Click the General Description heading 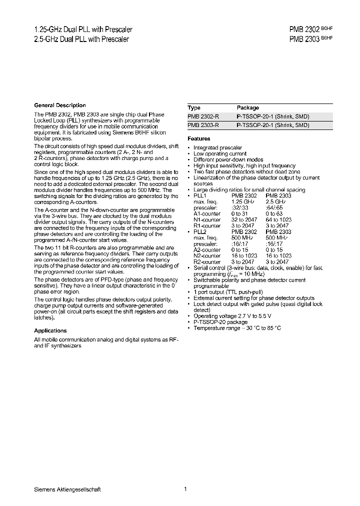pyautogui.click(x=59, y=105)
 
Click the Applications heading pyautogui.click(x=50, y=330)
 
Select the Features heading pyautogui.click(x=198, y=138)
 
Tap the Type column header pyautogui.click(x=194, y=107)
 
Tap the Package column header pyautogui.click(x=247, y=107)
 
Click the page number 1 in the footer pyautogui.click(x=185, y=489)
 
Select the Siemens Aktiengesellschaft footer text pyautogui.click(x=67, y=489)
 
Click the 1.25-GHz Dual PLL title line pyautogui.click(x=82, y=30)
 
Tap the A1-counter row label pyautogui.click(x=207, y=213)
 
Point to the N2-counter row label pyautogui.click(x=207, y=255)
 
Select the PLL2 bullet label pyautogui.click(x=199, y=231)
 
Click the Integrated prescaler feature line pyautogui.click(x=217, y=147)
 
